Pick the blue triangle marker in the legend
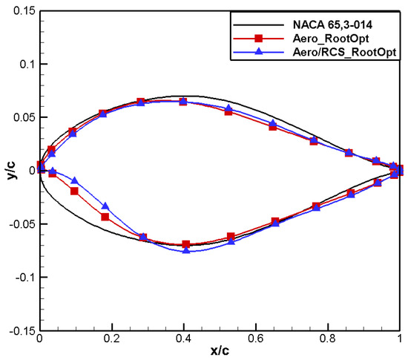(x=258, y=51)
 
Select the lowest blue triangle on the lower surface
(x=186, y=251)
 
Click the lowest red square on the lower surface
(x=186, y=244)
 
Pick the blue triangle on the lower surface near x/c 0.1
(x=74, y=180)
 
